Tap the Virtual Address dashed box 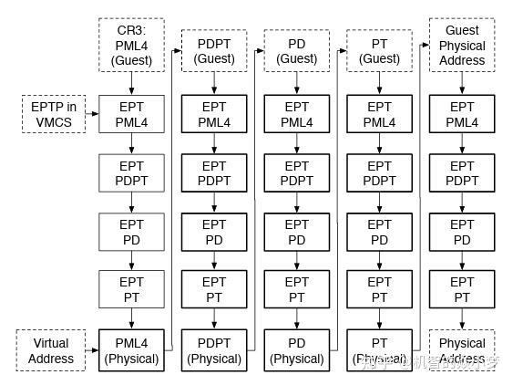[x=51, y=351]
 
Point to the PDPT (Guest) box [x=214, y=51]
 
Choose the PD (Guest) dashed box [x=297, y=51]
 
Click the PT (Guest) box [x=379, y=51]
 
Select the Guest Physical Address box [x=462, y=46]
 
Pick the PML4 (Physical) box [x=131, y=351]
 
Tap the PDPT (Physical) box [x=214, y=351]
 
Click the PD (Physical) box [x=297, y=351]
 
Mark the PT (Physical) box [x=379, y=351]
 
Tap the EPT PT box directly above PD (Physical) [x=297, y=290]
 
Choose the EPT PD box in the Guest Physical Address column [x=462, y=232]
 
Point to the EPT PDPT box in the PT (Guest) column [x=379, y=173]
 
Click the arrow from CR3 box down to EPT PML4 [x=131, y=83]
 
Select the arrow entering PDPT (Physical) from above [x=214, y=320]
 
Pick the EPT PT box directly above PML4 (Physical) [x=131, y=290]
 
